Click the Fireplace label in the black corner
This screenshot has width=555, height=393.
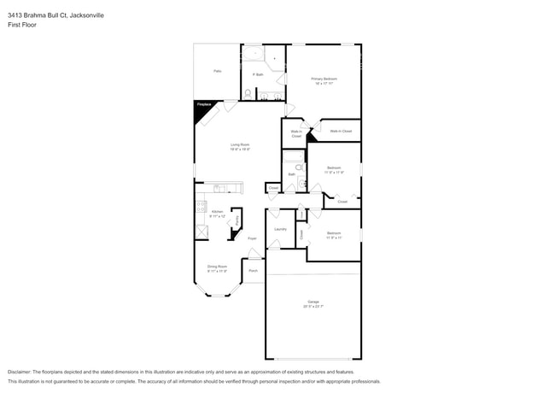tap(203, 104)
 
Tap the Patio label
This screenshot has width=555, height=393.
tap(218, 71)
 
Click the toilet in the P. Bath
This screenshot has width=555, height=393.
tap(248, 93)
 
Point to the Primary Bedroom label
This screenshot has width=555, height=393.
tap(324, 80)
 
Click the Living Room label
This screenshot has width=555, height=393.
tap(239, 146)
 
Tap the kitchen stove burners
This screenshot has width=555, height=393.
tap(201, 207)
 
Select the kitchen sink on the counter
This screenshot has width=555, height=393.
tap(220, 187)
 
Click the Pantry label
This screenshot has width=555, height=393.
tap(237, 220)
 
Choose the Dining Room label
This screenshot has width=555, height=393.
tap(217, 267)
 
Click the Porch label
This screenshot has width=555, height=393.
tap(254, 272)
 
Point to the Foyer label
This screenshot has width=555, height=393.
tap(253, 238)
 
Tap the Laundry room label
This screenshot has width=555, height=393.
tap(280, 229)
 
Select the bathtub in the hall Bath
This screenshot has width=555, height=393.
tap(293, 156)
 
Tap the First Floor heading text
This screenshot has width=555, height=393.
tap(22, 25)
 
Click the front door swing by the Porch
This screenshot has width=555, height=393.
tap(254, 254)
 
